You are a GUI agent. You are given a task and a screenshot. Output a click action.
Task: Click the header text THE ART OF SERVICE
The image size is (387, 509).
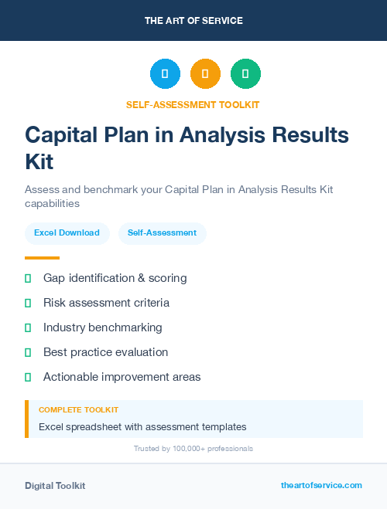pos(193,21)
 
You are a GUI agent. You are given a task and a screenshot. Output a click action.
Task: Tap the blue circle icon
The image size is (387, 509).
pos(165,74)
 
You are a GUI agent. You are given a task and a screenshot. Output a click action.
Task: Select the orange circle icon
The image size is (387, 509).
pos(205,74)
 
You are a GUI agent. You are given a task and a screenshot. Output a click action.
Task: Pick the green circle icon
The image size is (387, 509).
pos(245,74)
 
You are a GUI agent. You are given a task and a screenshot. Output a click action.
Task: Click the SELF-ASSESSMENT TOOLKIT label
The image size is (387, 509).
pos(193,104)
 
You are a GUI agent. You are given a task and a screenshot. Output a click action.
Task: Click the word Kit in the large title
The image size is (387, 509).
pos(39,162)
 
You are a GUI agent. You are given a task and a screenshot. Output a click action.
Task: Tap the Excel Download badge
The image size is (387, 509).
pos(67,232)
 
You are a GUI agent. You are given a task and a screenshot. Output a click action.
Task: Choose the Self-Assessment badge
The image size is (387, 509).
pos(162,232)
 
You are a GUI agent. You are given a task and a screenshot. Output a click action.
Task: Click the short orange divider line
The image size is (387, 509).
pos(42,258)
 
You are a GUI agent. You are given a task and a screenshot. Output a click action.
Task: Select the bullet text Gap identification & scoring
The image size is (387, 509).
pos(115,278)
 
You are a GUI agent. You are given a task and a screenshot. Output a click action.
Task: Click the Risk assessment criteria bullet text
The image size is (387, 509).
pos(106,303)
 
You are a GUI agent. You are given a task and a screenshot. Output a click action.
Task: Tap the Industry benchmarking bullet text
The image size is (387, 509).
pos(102,327)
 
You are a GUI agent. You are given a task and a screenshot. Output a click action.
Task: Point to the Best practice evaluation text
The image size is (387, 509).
pos(105,352)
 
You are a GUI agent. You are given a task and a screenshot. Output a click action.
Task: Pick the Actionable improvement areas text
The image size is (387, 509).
pos(122,377)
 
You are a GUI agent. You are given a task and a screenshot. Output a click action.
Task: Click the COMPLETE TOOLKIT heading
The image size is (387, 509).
pos(78,410)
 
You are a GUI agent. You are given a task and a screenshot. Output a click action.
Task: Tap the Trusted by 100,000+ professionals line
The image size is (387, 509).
pos(193,449)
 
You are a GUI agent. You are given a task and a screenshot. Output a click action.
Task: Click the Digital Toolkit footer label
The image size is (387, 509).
pos(55,486)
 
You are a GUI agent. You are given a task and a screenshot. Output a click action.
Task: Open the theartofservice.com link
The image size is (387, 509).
pos(321,485)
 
